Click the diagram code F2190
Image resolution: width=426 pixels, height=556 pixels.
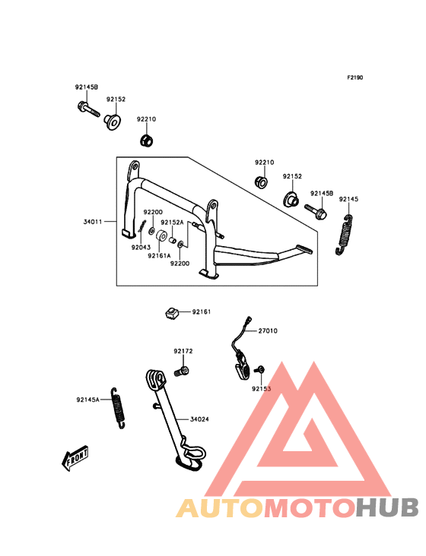355,77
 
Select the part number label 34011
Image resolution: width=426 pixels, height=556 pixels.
93,222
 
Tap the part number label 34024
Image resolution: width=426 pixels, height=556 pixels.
199,419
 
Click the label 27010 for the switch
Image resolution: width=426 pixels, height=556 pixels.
268,331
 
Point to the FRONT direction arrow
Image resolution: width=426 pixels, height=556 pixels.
75,458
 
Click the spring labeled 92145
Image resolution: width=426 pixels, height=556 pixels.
344,235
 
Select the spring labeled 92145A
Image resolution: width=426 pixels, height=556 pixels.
118,408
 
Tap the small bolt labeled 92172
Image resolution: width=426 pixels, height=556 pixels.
181,371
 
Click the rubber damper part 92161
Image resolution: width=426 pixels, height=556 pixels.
172,313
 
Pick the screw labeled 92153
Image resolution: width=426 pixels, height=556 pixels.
260,370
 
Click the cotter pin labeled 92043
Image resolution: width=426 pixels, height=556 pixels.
142,226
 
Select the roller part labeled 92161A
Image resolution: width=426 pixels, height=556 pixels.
162,236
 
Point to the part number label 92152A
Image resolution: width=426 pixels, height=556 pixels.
172,223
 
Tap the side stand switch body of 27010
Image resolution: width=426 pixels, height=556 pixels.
241,366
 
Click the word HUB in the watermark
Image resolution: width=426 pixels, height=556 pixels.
388,507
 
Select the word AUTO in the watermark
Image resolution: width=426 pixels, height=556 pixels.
220,507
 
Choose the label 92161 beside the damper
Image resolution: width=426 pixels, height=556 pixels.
202,312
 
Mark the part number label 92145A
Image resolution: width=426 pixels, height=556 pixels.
87,400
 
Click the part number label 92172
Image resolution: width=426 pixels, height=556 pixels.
183,352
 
